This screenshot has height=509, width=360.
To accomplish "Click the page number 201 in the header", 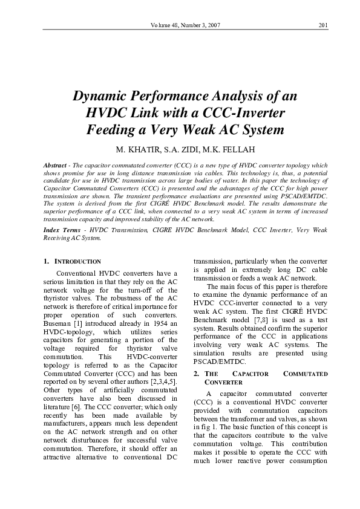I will [322, 25].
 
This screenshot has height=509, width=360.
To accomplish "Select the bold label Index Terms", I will [62, 230].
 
